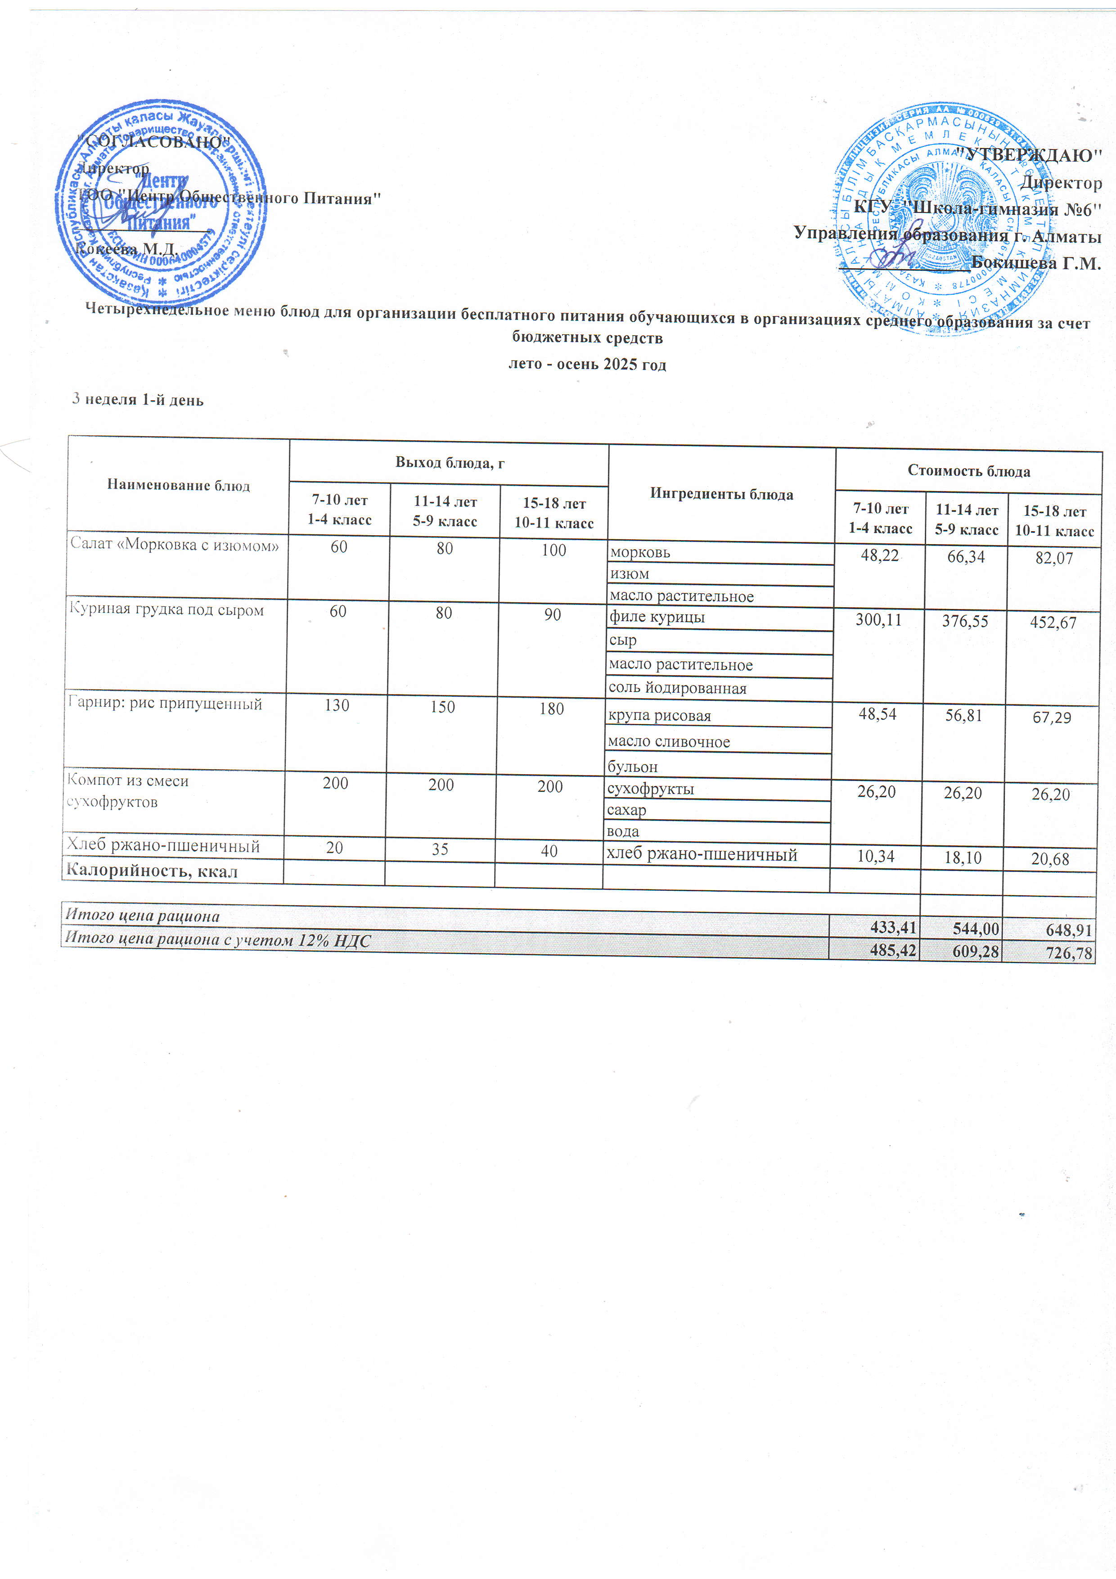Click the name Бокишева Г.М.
(x=1035, y=263)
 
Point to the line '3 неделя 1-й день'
(x=138, y=400)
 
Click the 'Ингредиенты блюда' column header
(x=721, y=494)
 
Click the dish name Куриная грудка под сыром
(x=166, y=610)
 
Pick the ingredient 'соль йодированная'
(x=677, y=688)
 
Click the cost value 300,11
(x=878, y=620)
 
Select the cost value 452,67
(x=1052, y=623)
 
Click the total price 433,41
(x=893, y=927)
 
